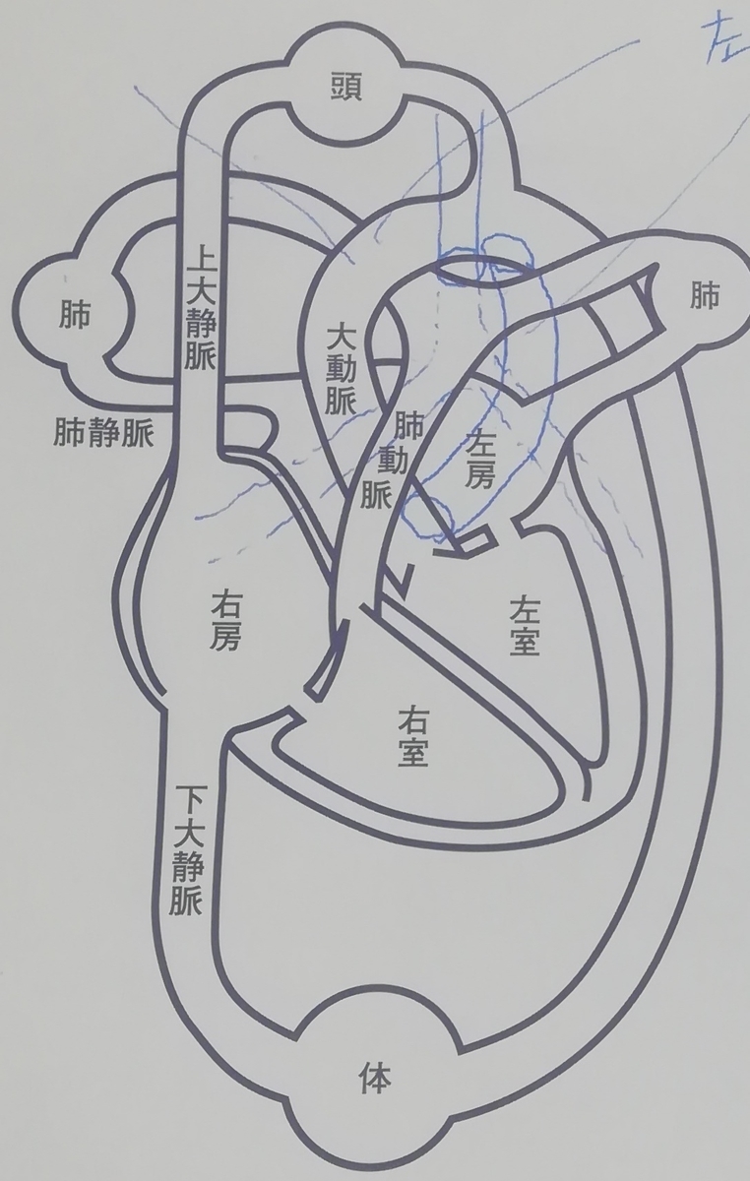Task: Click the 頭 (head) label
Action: [347, 86]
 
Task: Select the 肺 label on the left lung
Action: [75, 313]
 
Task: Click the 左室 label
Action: [524, 624]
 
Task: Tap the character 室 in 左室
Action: [525, 640]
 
